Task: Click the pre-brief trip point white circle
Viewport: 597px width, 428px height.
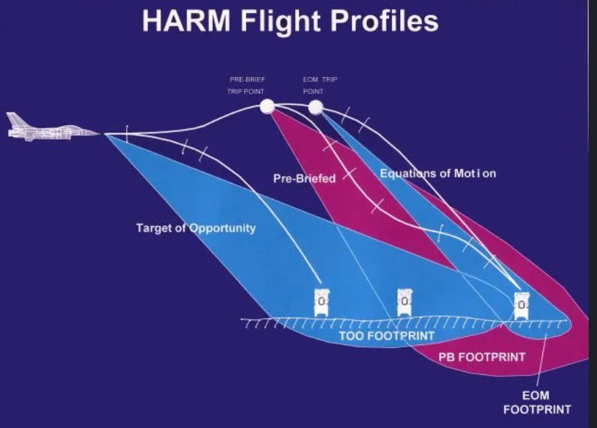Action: (x=267, y=106)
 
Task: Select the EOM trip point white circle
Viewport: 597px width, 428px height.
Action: (x=315, y=107)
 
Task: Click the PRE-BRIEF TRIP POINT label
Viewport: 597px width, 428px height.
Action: (x=247, y=85)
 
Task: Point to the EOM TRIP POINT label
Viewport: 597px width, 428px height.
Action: (x=320, y=85)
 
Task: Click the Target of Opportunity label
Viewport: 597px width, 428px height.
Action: (x=196, y=228)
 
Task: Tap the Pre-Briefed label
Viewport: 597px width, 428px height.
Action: (x=304, y=178)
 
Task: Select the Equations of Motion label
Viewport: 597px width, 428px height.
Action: (x=438, y=173)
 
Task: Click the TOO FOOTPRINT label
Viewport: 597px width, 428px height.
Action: (x=386, y=336)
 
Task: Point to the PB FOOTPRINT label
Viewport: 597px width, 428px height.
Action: (x=482, y=357)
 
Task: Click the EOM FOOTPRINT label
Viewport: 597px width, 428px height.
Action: (x=537, y=402)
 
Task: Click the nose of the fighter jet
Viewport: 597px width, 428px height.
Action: (x=98, y=133)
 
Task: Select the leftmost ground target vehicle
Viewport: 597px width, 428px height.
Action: (x=322, y=302)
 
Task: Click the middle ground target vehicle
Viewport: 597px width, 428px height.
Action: (x=405, y=302)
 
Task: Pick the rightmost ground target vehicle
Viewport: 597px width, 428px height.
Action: (x=521, y=306)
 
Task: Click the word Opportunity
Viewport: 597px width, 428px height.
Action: (x=222, y=228)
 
